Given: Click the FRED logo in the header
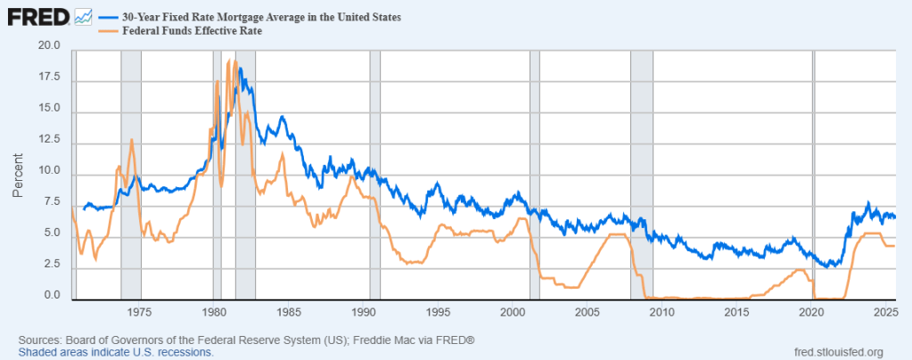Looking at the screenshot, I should (37, 17).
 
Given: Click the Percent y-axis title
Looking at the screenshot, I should (19, 174).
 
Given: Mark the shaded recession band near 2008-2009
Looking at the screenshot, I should (641, 174).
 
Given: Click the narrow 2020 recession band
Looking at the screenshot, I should (813, 174).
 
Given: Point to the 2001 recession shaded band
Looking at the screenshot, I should (534, 174).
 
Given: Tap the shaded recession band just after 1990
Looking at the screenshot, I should (374, 174).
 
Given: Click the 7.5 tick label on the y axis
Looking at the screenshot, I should (51, 202).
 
